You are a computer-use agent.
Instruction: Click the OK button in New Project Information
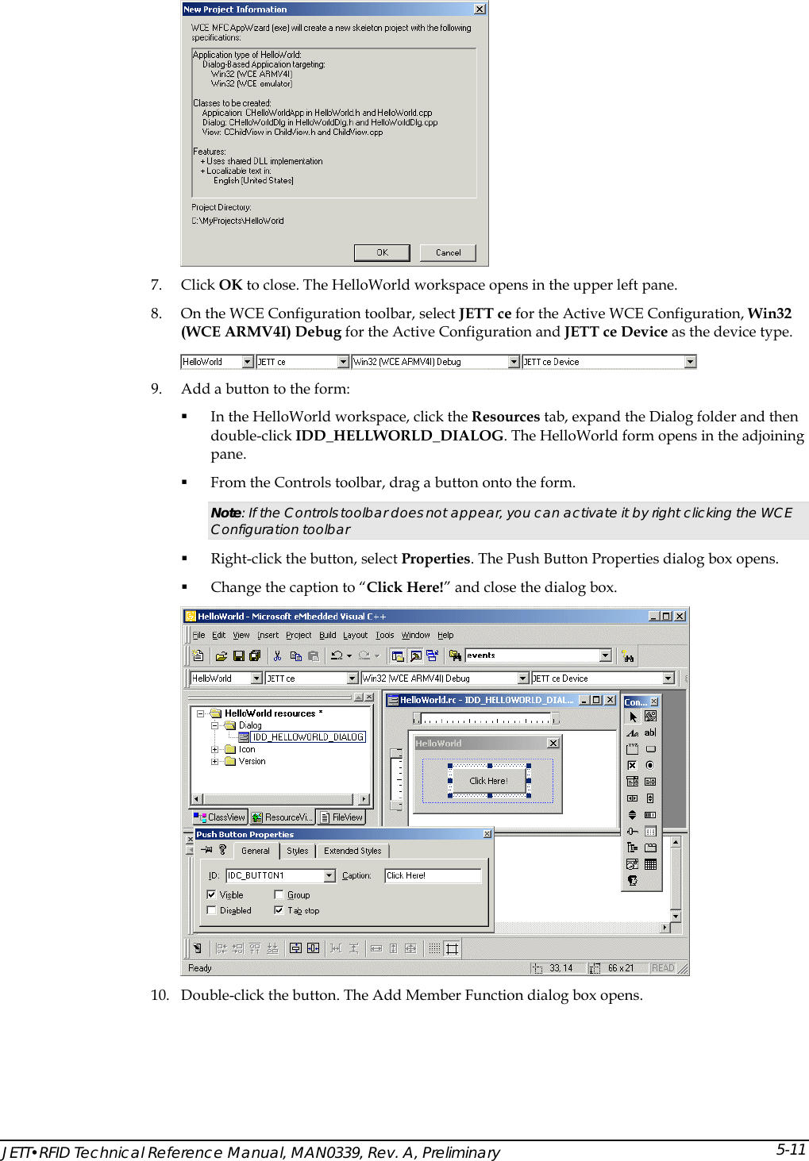[382, 252]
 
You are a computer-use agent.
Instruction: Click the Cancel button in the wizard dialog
[448, 252]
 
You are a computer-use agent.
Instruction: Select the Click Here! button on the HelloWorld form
[488, 781]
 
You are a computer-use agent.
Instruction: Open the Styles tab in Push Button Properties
[298, 851]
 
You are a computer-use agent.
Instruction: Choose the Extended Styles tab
[352, 851]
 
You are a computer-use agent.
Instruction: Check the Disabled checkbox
[212, 910]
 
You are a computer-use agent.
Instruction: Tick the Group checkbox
[279, 894]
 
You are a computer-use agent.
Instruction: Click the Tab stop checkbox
[279, 910]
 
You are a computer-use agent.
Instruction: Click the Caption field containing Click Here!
[433, 875]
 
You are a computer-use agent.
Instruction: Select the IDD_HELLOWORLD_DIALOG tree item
[307, 737]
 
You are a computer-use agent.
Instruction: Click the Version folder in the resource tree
[252, 761]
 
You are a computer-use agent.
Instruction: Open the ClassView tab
[220, 817]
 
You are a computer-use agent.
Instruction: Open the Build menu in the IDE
[328, 635]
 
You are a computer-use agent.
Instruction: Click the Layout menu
[355, 635]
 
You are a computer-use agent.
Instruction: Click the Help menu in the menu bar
[446, 635]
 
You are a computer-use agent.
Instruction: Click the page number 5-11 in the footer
[791, 1149]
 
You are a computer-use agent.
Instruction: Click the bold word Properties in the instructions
[436, 559]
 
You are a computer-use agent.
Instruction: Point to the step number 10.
[160, 995]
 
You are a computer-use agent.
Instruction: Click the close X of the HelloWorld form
[553, 743]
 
